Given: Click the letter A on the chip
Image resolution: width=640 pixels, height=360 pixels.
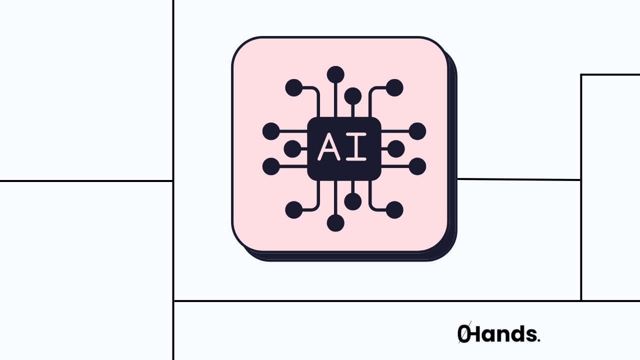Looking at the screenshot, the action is tap(328, 147).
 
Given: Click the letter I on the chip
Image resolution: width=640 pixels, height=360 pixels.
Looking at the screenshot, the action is tap(356, 147).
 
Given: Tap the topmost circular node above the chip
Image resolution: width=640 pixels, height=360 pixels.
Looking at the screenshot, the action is tap(335, 74).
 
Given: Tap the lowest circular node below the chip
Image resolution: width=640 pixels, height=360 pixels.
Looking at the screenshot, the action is tap(335, 223).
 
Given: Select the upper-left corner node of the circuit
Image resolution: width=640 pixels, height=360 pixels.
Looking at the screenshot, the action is tap(294, 88).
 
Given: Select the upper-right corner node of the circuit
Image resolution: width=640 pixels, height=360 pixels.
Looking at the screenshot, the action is tap(394, 88).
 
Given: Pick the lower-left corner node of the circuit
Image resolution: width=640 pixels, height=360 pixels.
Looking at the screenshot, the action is tap(294, 210).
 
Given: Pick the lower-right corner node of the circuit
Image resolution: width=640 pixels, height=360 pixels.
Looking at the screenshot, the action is tap(394, 210).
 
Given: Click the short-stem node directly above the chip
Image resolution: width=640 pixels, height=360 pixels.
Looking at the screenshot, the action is tap(353, 95).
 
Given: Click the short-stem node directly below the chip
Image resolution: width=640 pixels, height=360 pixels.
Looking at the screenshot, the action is tap(353, 201).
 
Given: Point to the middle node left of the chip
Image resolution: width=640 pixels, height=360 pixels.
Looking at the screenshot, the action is tap(292, 148).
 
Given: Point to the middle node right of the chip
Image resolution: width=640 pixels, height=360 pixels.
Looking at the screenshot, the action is tap(396, 148).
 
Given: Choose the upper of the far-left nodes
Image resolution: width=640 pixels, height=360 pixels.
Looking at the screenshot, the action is tap(271, 131).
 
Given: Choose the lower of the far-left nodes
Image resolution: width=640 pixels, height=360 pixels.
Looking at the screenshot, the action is tap(271, 166).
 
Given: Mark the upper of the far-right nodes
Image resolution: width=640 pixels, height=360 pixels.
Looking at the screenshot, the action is tap(417, 131).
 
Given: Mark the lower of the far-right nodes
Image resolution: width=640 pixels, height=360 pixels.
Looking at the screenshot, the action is tap(417, 166).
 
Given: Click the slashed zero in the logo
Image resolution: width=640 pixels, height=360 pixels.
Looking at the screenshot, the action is tap(464, 334).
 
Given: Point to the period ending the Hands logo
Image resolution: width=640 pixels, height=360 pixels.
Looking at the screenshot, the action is tap(538, 340).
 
